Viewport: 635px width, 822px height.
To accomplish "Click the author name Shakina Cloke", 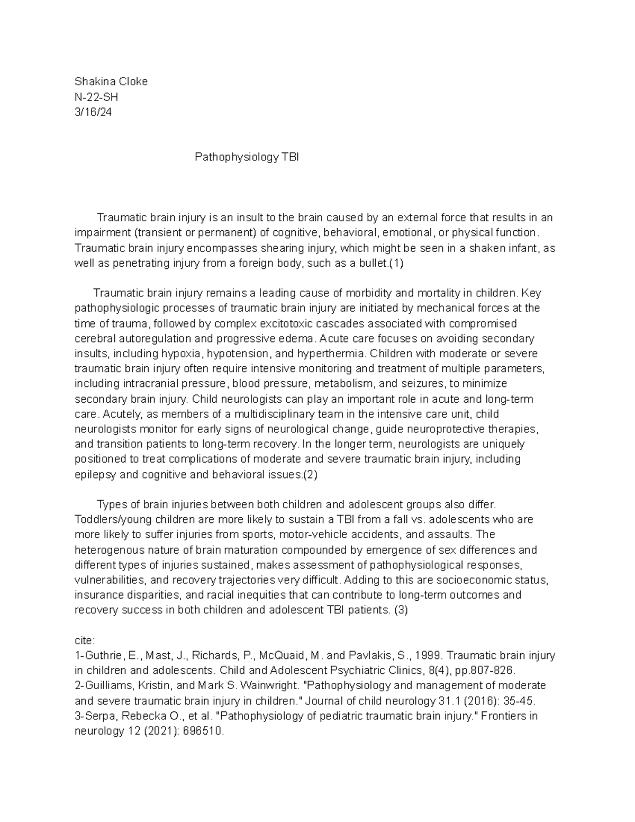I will click(111, 82).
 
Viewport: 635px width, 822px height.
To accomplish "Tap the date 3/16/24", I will click(93, 112).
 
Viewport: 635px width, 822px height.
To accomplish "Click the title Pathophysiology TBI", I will click(247, 157).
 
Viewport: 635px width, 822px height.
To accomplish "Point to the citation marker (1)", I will click(396, 263).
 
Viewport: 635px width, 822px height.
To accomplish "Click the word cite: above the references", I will click(85, 640).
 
